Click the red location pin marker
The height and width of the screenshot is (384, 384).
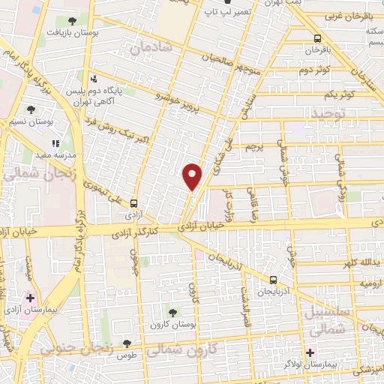(x=193, y=176)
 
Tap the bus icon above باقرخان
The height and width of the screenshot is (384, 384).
(x=317, y=38)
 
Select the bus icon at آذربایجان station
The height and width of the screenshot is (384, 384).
(x=272, y=280)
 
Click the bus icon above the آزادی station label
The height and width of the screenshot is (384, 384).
(x=134, y=203)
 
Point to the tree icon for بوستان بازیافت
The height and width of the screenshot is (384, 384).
(x=72, y=22)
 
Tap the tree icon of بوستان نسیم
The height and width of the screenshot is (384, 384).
(x=31, y=109)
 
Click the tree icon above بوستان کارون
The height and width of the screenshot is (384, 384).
(x=172, y=312)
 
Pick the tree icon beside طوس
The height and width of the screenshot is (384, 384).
(x=127, y=343)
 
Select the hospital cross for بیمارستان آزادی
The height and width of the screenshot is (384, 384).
(x=29, y=298)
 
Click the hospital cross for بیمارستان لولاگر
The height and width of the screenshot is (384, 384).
(x=310, y=352)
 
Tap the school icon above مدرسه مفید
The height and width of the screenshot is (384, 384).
(x=55, y=142)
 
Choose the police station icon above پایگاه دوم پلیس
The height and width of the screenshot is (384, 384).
(x=94, y=79)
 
